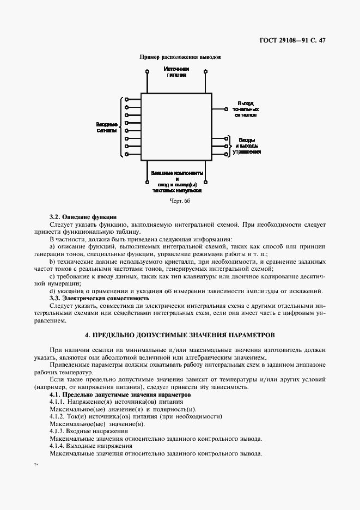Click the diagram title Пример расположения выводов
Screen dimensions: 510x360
pos(180,57)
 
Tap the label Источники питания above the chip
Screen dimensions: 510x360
pos(176,72)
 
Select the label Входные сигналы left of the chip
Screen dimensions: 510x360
pos(106,127)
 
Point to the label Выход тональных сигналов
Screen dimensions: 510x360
pos(246,109)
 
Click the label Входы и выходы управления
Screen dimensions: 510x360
pos(246,146)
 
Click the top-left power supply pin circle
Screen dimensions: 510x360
pos(147,71)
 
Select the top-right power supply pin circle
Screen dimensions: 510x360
pos(206,71)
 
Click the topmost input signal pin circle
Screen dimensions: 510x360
pos(126,100)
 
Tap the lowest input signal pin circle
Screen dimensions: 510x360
pos(126,154)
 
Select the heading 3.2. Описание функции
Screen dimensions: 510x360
pos(83,217)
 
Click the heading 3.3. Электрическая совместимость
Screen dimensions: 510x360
pos(99,298)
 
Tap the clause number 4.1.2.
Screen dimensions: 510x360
pos(58,416)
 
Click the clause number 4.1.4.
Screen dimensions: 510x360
pos(58,446)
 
